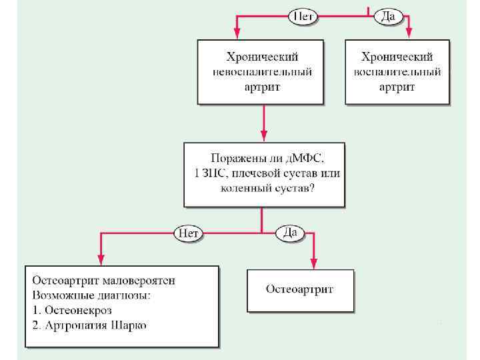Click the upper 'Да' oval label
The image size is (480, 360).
coord(388,16)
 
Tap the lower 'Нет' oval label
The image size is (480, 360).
coord(188,233)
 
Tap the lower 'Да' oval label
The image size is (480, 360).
coord(290,233)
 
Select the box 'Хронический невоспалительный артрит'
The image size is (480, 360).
coord(261,72)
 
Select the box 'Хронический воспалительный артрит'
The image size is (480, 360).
coord(397,72)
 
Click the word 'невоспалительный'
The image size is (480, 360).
coord(261,72)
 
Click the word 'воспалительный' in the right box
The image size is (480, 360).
coord(397,72)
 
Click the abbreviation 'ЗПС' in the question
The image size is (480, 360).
coord(206,174)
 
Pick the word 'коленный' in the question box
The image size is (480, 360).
coord(245,189)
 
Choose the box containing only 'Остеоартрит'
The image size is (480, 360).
coord(300,289)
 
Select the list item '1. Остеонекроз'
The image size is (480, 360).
coord(72,311)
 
